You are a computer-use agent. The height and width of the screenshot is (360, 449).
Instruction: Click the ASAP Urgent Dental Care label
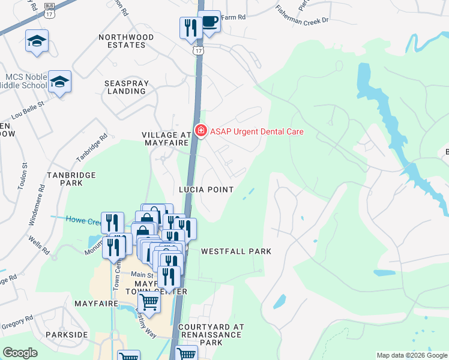click(256, 131)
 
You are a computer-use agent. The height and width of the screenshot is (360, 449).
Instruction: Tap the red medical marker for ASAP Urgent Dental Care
click(200, 131)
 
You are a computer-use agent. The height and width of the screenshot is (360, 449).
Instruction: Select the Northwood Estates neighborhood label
click(126, 41)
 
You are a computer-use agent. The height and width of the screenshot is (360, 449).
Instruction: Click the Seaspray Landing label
click(125, 87)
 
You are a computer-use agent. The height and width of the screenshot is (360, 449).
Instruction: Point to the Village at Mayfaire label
click(166, 139)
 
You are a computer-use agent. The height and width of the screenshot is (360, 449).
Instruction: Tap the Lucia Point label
click(206, 190)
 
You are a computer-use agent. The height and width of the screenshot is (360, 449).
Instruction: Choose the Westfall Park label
click(236, 251)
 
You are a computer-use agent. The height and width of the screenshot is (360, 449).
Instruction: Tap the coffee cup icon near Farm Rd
click(209, 23)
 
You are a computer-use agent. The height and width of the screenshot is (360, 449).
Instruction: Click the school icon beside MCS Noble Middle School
click(60, 82)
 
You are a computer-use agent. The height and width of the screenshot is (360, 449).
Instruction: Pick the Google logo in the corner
click(20, 353)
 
